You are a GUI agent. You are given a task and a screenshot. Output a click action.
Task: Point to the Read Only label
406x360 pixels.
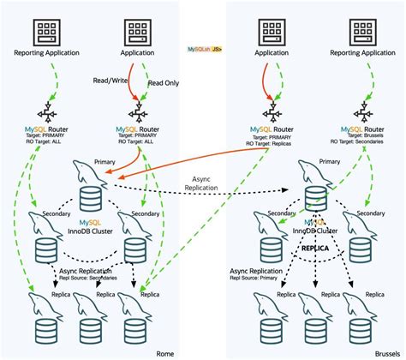click(x=164, y=84)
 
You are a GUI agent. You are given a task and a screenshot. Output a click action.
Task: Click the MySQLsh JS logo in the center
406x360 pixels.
click(x=204, y=51)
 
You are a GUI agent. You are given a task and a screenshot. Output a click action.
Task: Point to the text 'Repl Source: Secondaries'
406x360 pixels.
click(x=92, y=277)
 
